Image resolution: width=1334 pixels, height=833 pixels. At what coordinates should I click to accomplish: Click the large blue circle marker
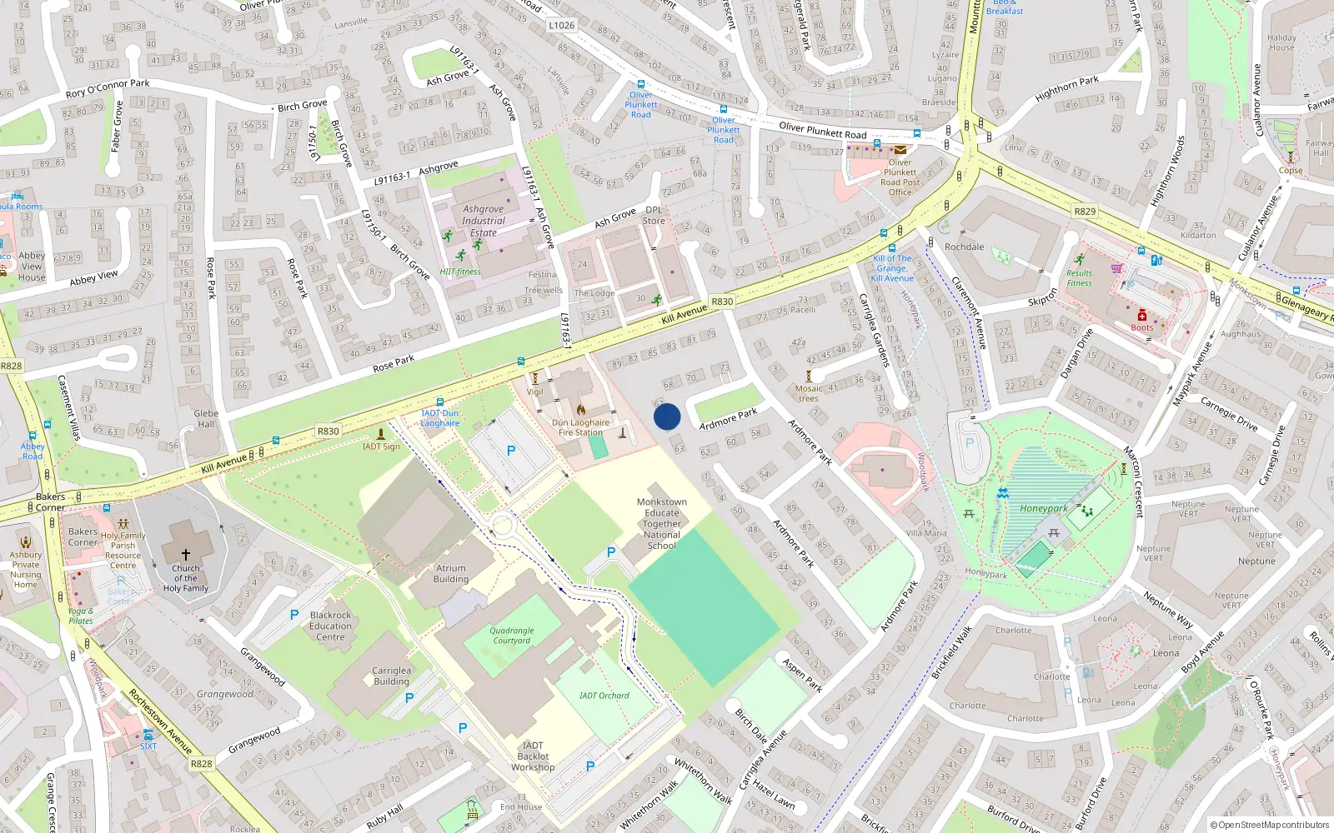pos(667,416)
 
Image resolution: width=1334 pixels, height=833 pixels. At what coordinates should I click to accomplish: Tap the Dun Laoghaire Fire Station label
pos(580,427)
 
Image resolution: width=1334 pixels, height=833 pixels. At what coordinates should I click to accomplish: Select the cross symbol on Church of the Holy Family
pos(186,554)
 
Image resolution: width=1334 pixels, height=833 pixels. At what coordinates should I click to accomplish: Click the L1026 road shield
pos(562,25)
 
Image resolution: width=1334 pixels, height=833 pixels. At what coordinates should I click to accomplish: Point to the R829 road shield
pos(1085,212)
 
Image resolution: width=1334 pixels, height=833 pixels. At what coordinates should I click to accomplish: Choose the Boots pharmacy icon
pos(1142,316)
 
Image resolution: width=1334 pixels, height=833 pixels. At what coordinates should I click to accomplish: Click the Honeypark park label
pos(1043,508)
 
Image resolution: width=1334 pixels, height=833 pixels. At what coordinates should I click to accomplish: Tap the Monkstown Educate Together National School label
pos(662,524)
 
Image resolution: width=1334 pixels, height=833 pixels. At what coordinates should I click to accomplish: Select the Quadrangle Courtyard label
pos(512,636)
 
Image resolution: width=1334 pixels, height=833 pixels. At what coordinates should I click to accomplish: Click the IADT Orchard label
pos(604,696)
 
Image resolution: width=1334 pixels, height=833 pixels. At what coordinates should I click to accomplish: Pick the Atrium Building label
pos(451,574)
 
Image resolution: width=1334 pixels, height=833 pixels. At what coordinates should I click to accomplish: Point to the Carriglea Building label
pos(391,676)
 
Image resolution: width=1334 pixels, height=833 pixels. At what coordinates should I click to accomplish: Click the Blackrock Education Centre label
pos(330,626)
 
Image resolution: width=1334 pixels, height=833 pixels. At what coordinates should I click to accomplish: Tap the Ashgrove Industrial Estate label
pos(484,221)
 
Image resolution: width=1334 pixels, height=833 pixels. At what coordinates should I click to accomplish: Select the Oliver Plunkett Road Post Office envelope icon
pos(900,150)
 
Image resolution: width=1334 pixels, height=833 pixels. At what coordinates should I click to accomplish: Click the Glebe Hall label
pos(206,418)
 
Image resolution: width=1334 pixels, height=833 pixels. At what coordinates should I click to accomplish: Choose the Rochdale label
pos(964,247)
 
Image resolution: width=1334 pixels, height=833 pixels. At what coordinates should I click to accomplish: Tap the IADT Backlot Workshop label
pos(533,756)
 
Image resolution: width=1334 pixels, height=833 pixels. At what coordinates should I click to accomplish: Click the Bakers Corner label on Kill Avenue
pos(50,501)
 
